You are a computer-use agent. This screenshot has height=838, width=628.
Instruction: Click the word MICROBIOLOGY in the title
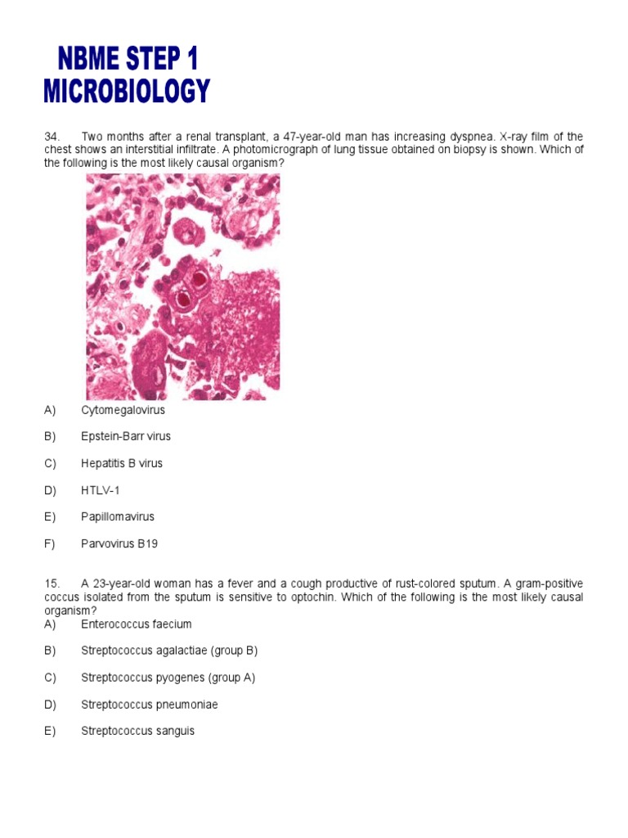127,90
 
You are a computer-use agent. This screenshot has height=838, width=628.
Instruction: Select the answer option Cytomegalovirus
123,409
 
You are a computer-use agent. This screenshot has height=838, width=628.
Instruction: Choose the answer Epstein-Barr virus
126,436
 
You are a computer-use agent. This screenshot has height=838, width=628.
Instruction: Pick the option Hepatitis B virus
122,463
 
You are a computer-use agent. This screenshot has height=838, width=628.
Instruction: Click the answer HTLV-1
101,490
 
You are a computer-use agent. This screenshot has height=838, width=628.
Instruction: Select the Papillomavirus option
118,517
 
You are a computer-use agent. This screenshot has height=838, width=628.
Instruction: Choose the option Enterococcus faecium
137,624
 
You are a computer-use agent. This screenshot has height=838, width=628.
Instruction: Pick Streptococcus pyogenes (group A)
168,678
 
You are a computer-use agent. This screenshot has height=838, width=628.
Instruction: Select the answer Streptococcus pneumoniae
150,705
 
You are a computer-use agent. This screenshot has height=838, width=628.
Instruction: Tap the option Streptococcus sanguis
138,731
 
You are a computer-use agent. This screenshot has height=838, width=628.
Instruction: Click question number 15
52,583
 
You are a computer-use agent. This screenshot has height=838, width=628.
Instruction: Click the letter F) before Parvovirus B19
51,544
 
